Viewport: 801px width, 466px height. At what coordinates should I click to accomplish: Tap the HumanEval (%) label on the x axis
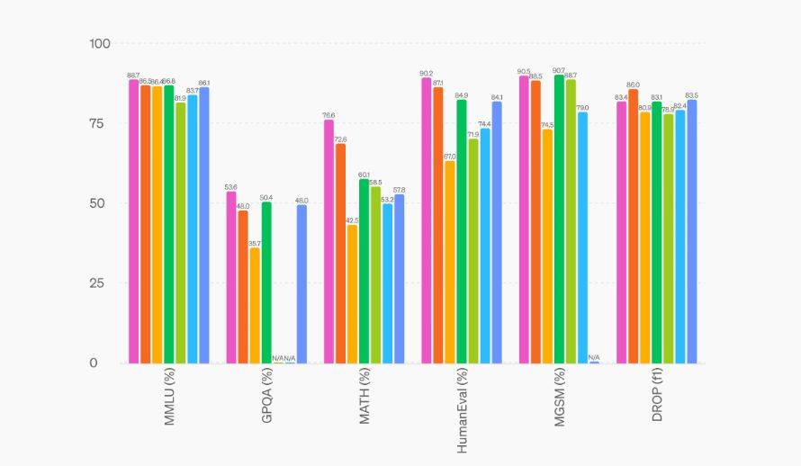coord(463,409)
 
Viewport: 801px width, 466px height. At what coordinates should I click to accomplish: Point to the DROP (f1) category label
coord(657,396)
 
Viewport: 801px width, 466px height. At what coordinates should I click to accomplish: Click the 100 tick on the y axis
coord(99,43)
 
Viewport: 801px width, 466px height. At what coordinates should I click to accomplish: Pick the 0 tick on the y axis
coord(106,363)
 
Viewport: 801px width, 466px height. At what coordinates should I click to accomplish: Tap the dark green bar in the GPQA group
coord(266,282)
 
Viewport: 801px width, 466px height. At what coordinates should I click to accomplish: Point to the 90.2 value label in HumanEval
coord(427,73)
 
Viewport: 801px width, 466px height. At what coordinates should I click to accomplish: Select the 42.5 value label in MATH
coord(352,220)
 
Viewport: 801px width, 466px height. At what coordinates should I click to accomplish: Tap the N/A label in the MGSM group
coord(594,357)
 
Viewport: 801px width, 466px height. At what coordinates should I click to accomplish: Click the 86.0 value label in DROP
coord(633,85)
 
